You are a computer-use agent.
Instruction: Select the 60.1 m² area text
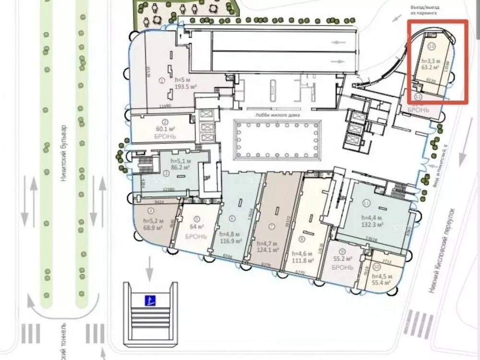[x=164, y=129]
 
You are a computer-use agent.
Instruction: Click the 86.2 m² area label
[x=180, y=168]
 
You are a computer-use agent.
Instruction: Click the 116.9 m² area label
[x=230, y=241]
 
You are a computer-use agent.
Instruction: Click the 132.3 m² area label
[x=372, y=224]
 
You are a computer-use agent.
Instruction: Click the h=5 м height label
[x=169, y=80]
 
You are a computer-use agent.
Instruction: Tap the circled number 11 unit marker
[x=366, y=204]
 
